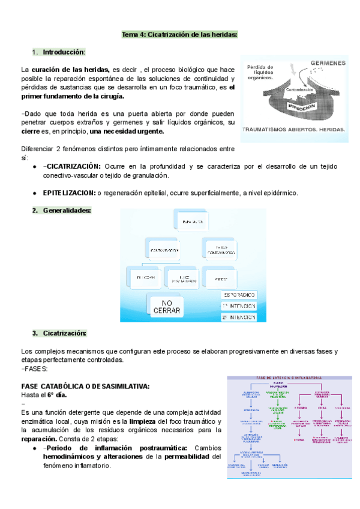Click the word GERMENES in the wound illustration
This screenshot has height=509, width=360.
pyautogui.click(x=328, y=63)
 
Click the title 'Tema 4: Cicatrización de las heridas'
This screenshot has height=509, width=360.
pyautogui.click(x=179, y=35)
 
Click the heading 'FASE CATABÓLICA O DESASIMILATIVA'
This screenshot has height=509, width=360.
pyautogui.click(x=85, y=385)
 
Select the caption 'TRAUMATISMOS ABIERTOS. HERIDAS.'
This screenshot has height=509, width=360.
pyautogui.click(x=293, y=129)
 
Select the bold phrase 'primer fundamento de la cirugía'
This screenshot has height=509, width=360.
pyautogui.click(x=73, y=96)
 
